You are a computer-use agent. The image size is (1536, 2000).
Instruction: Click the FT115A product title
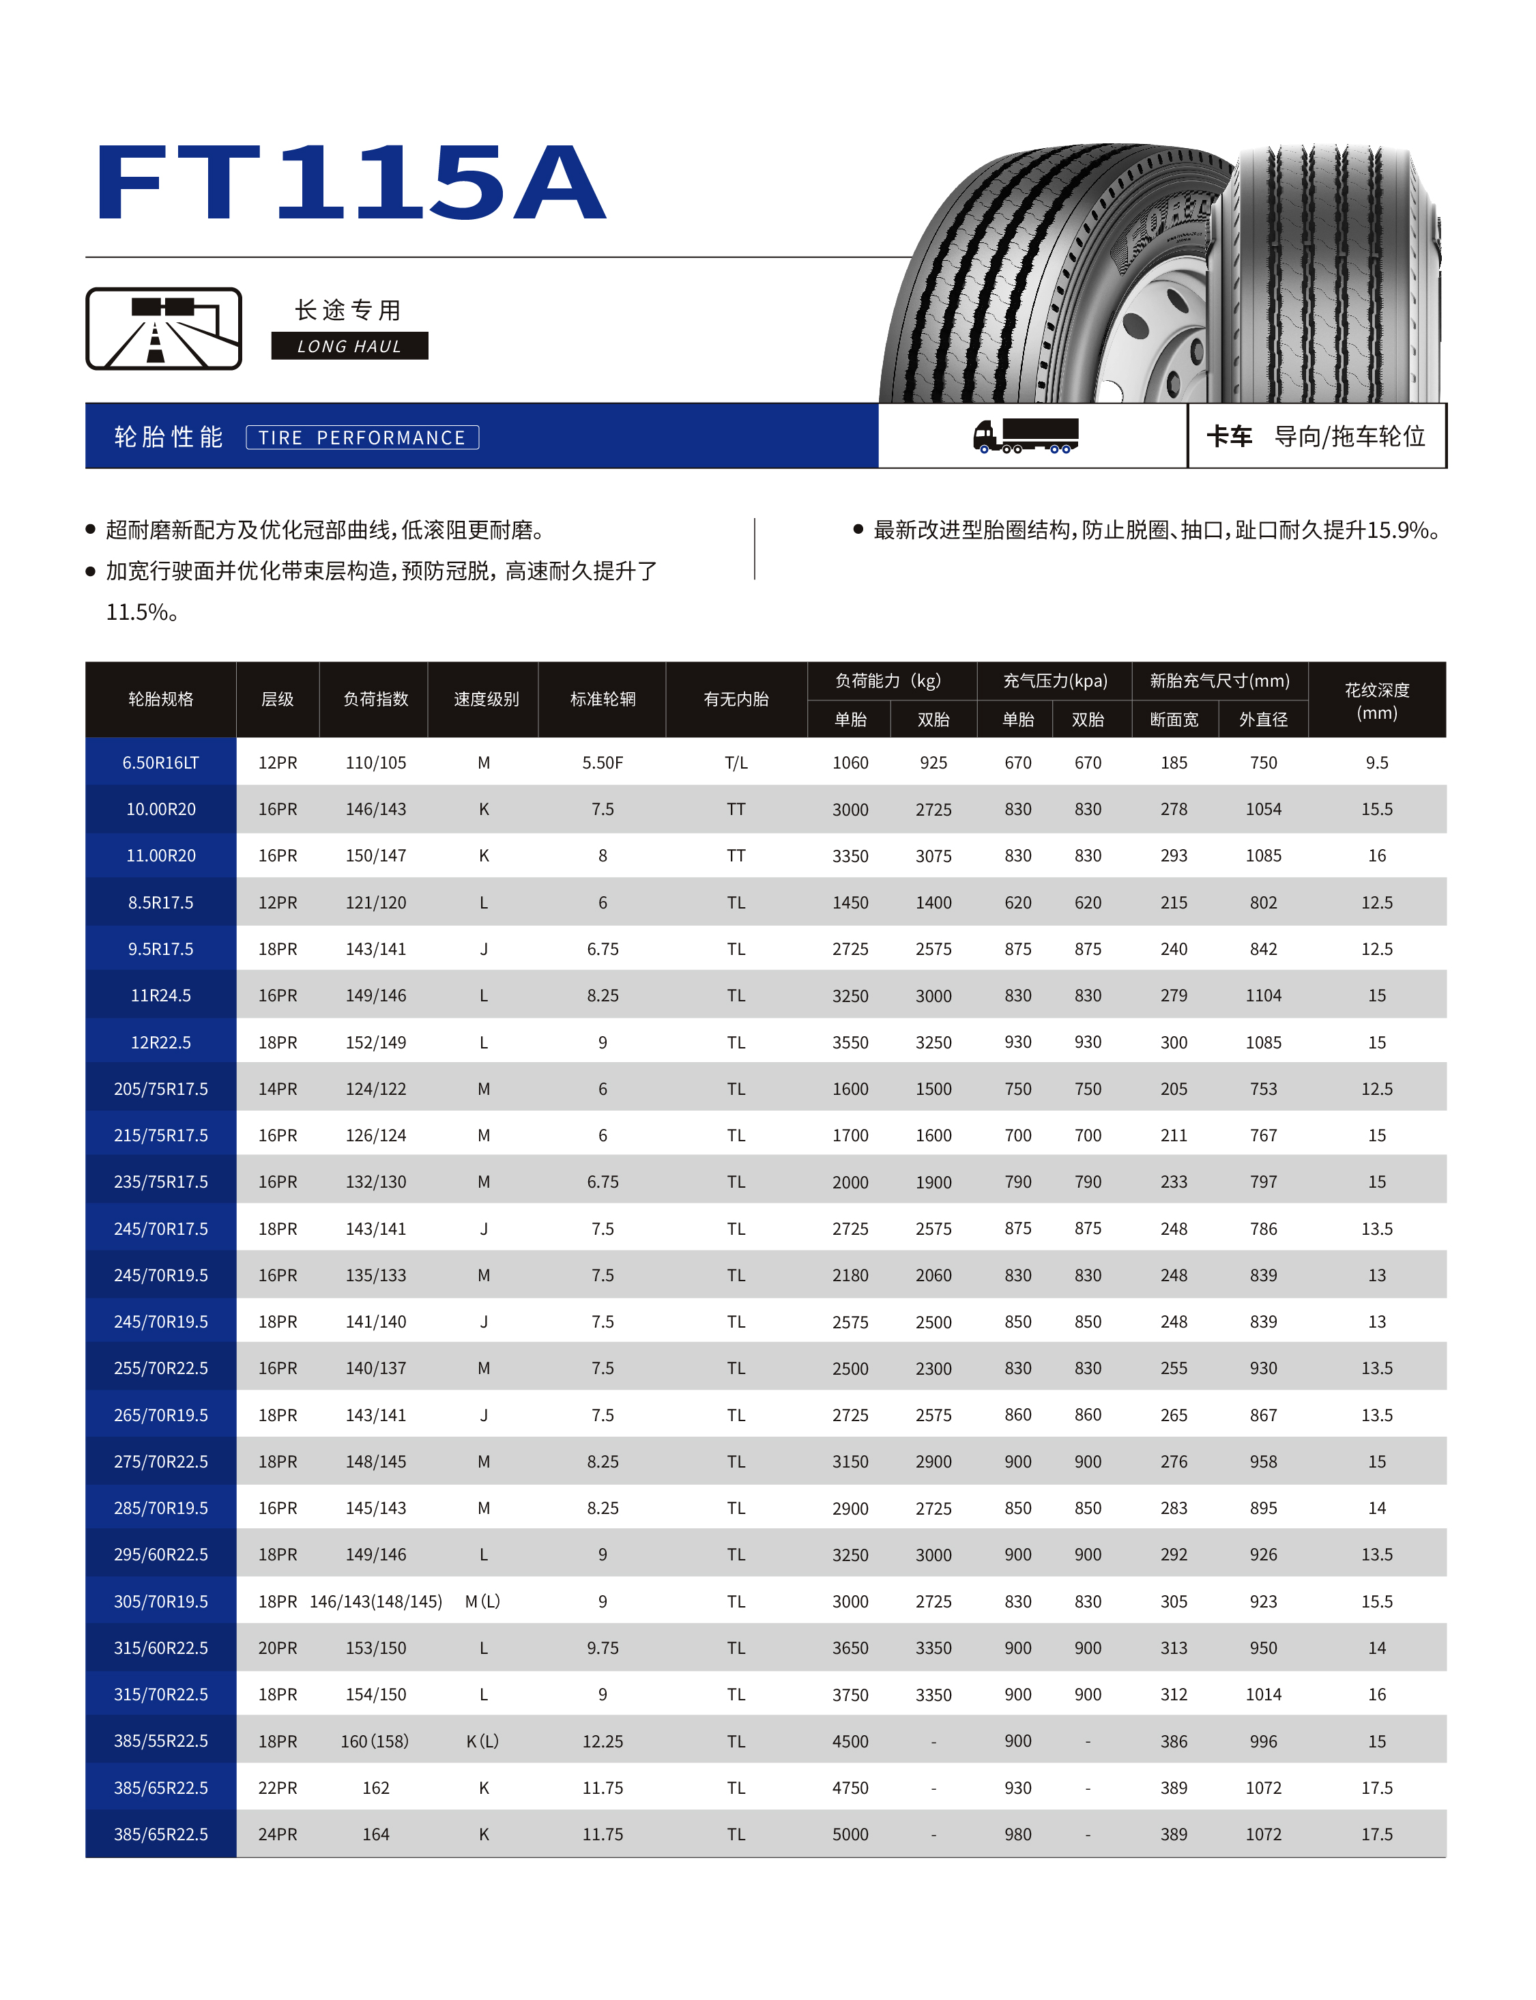[x=350, y=183]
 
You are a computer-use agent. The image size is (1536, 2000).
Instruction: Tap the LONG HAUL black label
[x=349, y=345]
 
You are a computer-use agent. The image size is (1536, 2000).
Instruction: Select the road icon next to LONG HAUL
[x=164, y=329]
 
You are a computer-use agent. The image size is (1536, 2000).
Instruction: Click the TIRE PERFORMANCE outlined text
[x=362, y=437]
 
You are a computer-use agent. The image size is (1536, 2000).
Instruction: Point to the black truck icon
[x=1026, y=435]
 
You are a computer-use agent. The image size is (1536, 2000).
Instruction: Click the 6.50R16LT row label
[x=161, y=762]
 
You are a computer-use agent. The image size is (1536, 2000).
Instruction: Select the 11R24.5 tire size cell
[x=161, y=995]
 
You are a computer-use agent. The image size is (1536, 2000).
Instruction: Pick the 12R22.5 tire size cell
[x=161, y=1042]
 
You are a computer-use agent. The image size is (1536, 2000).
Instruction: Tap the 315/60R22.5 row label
[x=161, y=1647]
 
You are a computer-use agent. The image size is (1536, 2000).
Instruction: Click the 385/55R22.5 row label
[x=161, y=1741]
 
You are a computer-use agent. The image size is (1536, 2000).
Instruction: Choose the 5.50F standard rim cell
[x=603, y=762]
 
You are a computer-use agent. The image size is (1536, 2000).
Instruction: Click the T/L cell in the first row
[x=736, y=762]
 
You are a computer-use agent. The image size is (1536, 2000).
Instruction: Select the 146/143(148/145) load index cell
[x=376, y=1601]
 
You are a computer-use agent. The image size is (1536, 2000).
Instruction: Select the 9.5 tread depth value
[x=1376, y=762]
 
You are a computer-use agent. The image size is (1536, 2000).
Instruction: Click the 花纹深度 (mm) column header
[x=1376, y=700]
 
